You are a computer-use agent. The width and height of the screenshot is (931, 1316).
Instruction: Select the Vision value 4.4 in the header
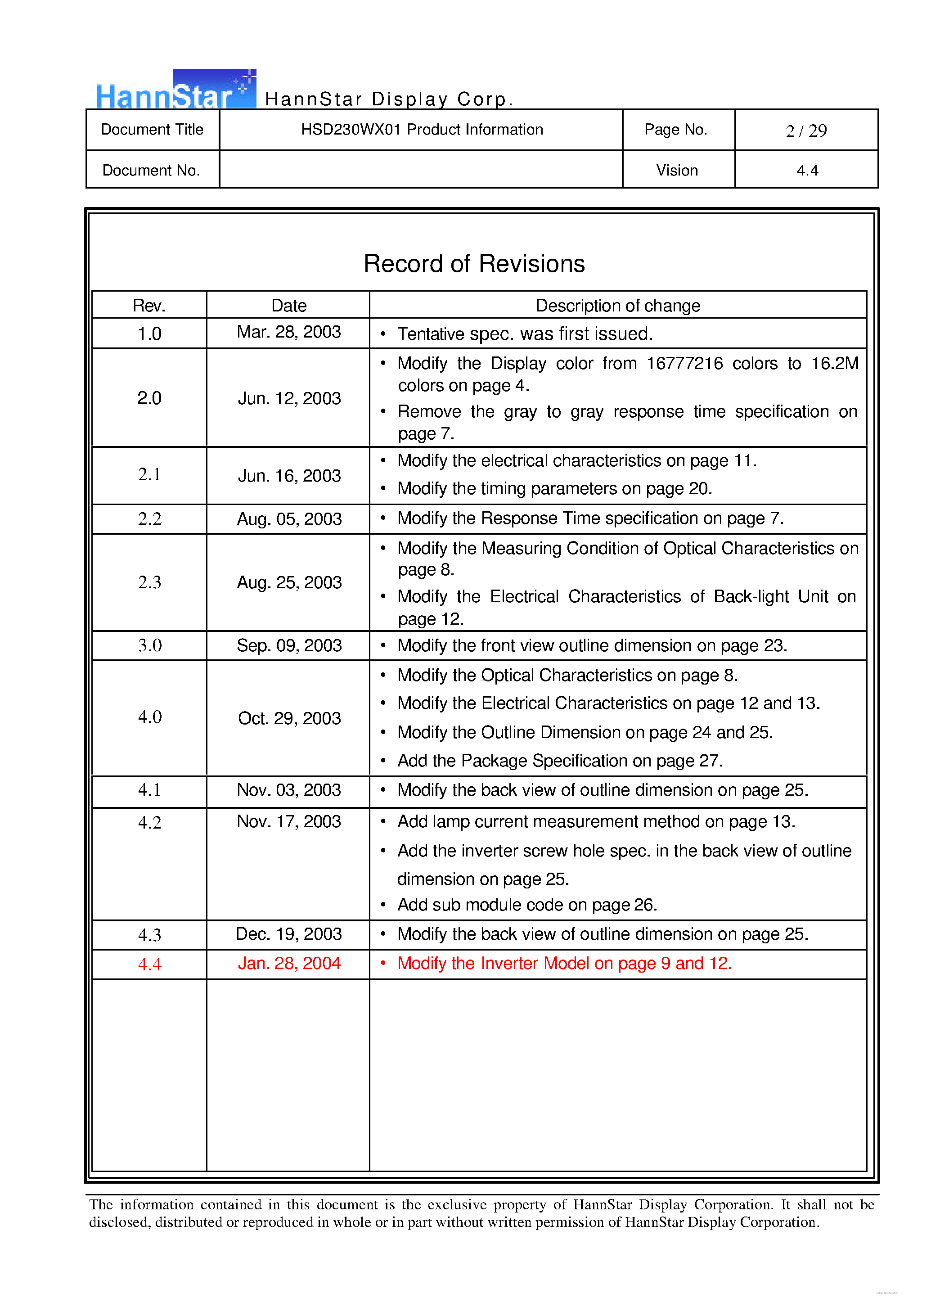coord(807,170)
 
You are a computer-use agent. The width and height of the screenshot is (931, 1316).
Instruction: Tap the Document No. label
coord(151,170)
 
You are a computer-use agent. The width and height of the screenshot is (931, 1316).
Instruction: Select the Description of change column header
coord(617,306)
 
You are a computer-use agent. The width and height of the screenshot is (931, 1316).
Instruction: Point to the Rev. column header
coord(149,306)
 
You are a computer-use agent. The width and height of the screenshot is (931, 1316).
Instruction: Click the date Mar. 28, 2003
coord(288,332)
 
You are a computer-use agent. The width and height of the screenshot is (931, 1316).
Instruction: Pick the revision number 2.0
coord(149,398)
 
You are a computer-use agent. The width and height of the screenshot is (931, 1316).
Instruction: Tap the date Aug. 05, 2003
coord(289,519)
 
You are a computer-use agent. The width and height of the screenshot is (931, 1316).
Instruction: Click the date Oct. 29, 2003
coord(289,718)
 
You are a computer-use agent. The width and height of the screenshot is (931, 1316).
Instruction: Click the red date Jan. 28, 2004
coord(289,963)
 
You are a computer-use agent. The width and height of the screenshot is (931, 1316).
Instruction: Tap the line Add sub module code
coord(526,905)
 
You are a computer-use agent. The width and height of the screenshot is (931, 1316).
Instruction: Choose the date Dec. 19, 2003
coord(289,934)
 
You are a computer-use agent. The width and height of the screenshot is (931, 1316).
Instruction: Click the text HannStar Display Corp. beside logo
coord(389,99)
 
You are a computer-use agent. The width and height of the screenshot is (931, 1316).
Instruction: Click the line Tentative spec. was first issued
coord(525,334)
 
